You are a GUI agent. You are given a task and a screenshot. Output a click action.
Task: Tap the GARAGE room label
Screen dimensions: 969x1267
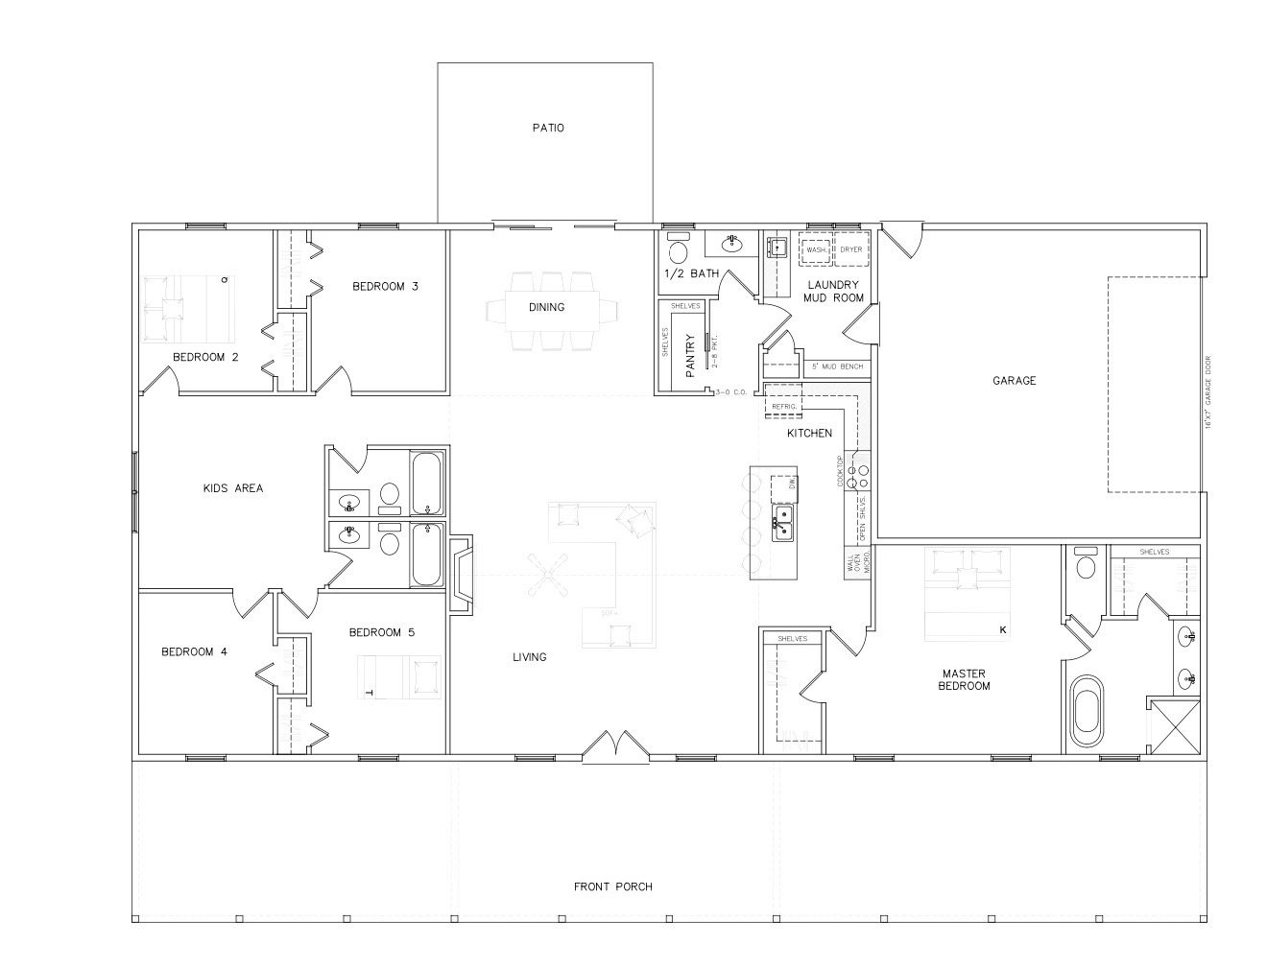pos(1014,381)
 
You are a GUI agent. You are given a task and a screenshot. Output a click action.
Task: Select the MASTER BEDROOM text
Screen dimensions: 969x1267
pos(965,680)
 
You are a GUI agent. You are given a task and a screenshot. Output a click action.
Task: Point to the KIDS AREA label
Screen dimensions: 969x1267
pos(232,488)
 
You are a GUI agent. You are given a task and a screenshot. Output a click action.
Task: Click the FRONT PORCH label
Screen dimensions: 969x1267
pos(613,886)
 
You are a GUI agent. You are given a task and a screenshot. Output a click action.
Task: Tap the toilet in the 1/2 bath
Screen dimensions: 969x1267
pos(678,250)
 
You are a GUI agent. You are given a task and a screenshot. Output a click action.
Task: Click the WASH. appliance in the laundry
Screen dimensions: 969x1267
pos(816,249)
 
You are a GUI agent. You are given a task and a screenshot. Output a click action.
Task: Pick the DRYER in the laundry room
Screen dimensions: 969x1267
pos(851,249)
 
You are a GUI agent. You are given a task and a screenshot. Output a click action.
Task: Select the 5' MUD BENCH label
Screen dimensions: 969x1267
pos(837,366)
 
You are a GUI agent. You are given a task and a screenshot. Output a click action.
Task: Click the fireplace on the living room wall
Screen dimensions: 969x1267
pos(462,574)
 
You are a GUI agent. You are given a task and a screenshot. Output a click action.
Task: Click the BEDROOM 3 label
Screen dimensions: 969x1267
pos(384,286)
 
